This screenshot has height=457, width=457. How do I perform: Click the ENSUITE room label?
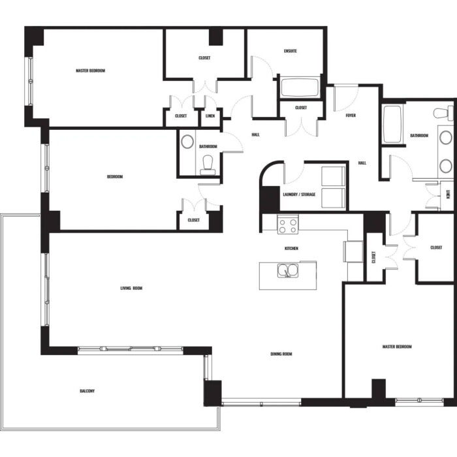[x=291, y=51]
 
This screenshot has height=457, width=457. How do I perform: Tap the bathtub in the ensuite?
[x=300, y=87]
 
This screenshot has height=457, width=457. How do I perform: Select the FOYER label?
[x=351, y=116]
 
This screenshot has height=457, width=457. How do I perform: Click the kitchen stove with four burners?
[x=288, y=225]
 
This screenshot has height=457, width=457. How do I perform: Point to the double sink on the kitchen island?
[x=288, y=270]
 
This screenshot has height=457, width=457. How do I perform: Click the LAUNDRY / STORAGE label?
[x=299, y=195]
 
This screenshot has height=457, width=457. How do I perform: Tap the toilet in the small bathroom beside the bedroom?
[x=208, y=165]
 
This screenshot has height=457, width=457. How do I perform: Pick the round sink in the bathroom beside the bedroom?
[x=187, y=142]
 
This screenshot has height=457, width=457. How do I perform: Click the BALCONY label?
[x=87, y=391]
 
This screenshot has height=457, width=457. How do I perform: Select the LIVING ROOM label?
[x=131, y=289]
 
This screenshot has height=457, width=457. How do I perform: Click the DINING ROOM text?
[x=281, y=354]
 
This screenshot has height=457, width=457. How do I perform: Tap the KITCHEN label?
[x=291, y=248]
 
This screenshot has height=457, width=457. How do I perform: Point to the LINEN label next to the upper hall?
[x=210, y=116]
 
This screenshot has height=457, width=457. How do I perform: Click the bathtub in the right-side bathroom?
[x=392, y=124]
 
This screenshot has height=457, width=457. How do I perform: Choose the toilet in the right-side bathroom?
[x=443, y=114]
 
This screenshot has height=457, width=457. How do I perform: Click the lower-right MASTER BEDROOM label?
[x=397, y=347]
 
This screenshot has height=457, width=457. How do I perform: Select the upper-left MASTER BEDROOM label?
[x=90, y=71]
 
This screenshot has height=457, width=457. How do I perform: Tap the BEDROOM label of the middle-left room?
[x=115, y=177]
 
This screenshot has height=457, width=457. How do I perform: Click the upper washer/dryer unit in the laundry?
[x=333, y=176]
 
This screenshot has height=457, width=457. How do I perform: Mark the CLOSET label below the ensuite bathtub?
[x=301, y=108]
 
